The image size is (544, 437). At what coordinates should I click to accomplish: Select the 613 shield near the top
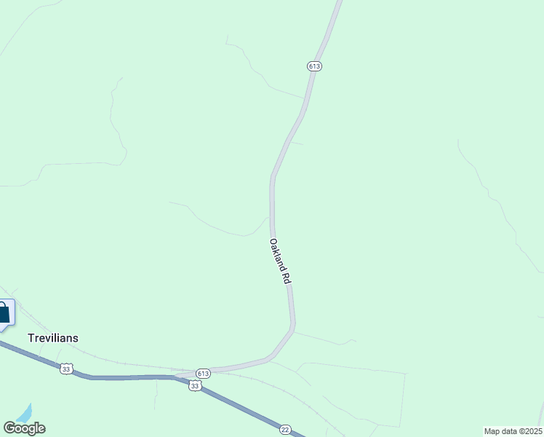tap(314, 66)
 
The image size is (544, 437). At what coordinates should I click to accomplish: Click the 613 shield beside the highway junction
tap(203, 373)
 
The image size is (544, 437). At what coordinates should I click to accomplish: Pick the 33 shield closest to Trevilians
tap(66, 369)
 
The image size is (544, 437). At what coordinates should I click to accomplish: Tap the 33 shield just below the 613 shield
tap(195, 386)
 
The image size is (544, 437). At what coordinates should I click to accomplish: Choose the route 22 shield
tap(285, 430)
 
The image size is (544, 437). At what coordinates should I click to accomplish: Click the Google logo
tap(24, 428)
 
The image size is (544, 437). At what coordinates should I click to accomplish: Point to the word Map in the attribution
tap(492, 431)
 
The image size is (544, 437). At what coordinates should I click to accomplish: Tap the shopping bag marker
tap(4, 313)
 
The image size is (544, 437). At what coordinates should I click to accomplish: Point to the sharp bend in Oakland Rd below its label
tap(293, 328)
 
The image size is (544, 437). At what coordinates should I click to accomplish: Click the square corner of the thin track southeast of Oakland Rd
tap(404, 374)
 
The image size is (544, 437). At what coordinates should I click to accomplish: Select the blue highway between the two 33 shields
tap(131, 377)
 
